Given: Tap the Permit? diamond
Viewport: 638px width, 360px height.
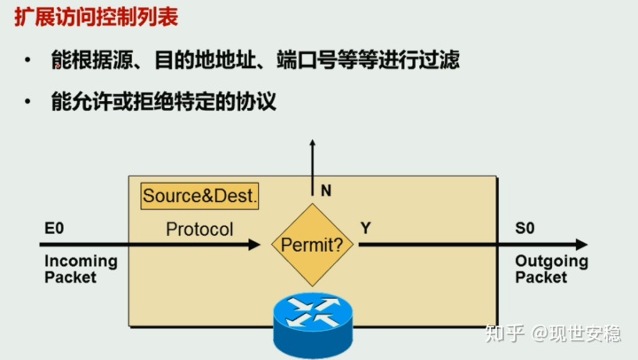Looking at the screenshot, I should (311, 245).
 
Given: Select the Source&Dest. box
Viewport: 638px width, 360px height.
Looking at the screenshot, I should (199, 196).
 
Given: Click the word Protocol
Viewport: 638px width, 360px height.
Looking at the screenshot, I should (199, 230).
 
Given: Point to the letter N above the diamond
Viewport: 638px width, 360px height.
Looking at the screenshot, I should (325, 190).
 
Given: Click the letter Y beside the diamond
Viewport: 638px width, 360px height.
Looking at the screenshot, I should (365, 229).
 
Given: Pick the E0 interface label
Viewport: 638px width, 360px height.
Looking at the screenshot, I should (54, 229).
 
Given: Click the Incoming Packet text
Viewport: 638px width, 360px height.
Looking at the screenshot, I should (81, 269).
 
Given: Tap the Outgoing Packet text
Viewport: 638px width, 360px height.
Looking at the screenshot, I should (551, 269).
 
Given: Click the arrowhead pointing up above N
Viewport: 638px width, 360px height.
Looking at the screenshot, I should (311, 144).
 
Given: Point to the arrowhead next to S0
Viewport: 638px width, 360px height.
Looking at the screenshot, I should (580, 245).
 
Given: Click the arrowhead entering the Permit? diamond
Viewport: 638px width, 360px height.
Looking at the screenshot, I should (265, 245).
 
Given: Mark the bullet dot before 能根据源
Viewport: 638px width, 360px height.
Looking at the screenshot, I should (29, 61).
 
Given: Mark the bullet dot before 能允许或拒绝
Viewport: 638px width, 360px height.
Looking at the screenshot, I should (29, 103).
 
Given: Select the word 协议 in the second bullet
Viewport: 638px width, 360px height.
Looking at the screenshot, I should (258, 102).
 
